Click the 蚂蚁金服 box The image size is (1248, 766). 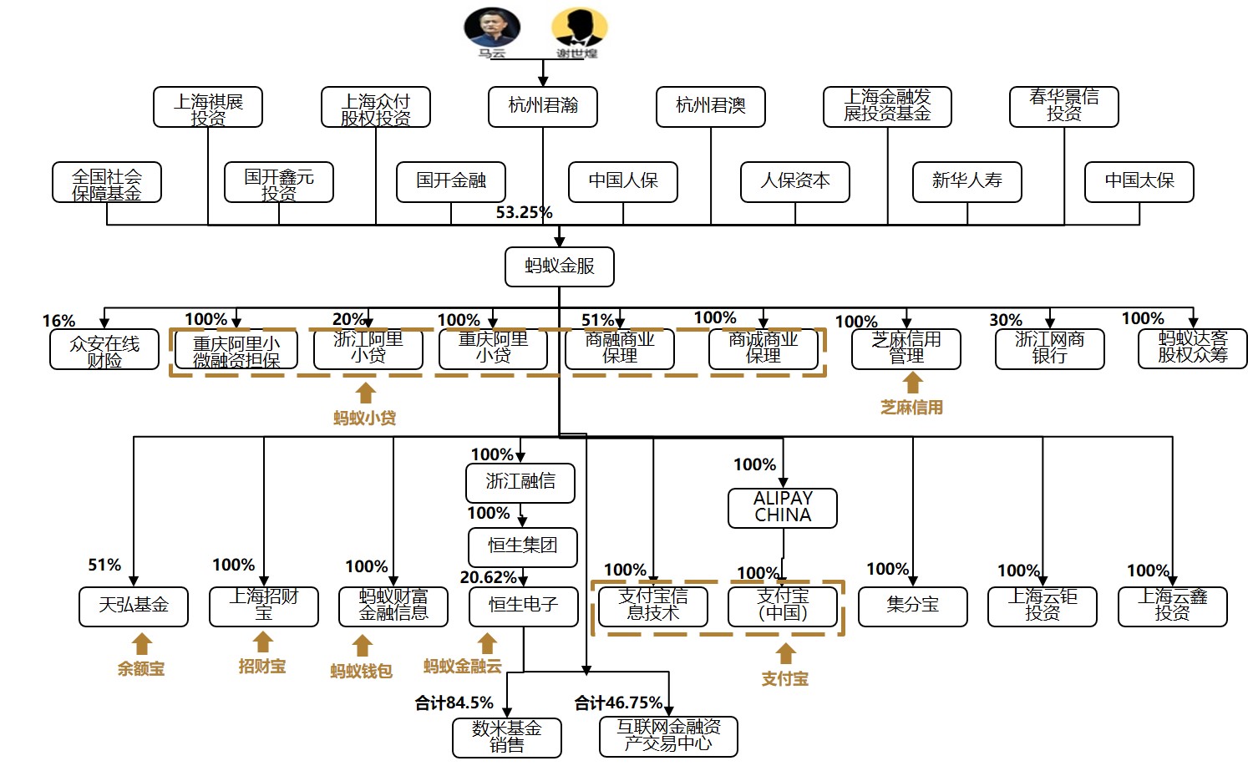click(559, 266)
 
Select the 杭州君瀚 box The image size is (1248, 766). click(543, 106)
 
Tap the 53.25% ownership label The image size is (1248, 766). click(524, 212)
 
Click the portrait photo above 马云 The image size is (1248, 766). click(492, 28)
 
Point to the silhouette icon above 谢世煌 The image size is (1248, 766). click(578, 28)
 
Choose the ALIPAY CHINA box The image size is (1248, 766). click(783, 507)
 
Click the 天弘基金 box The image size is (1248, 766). click(134, 606)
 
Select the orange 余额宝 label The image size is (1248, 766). click(141, 668)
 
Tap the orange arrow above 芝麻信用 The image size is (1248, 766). click(913, 383)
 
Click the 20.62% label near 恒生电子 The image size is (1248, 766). click(489, 577)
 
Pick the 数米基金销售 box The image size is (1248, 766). click(506, 737)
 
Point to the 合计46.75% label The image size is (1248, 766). click(618, 703)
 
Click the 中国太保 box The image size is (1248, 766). click(1139, 181)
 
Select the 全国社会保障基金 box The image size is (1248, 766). click(107, 183)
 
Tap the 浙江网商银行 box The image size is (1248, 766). click(1049, 348)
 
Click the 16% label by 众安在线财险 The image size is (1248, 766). click(58, 321)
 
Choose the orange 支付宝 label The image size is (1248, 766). click(785, 678)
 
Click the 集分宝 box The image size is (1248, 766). click(912, 606)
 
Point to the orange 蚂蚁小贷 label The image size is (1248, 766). click(364, 418)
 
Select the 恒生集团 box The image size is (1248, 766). click(523, 546)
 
